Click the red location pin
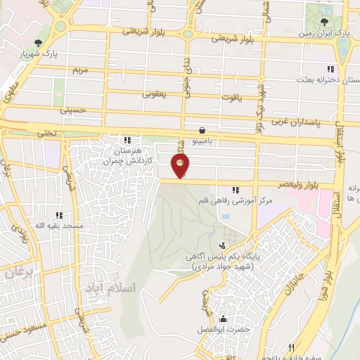tap(181, 166)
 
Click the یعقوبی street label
tap(154, 93)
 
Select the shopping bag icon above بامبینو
tap(202, 130)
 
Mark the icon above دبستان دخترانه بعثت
tap(330, 69)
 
